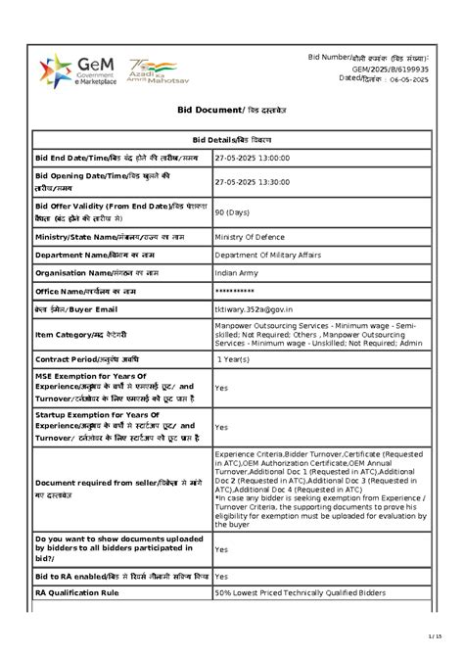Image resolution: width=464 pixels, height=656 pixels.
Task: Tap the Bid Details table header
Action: pyautogui.click(x=231, y=141)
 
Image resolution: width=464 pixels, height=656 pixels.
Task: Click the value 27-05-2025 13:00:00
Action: pyautogui.click(x=258, y=157)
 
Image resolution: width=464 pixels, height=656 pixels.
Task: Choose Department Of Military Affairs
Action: pyautogui.click(x=271, y=254)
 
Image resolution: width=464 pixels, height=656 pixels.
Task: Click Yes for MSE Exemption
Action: pyautogui.click(x=221, y=388)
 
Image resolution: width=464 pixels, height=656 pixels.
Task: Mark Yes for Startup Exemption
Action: pyautogui.click(x=221, y=427)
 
